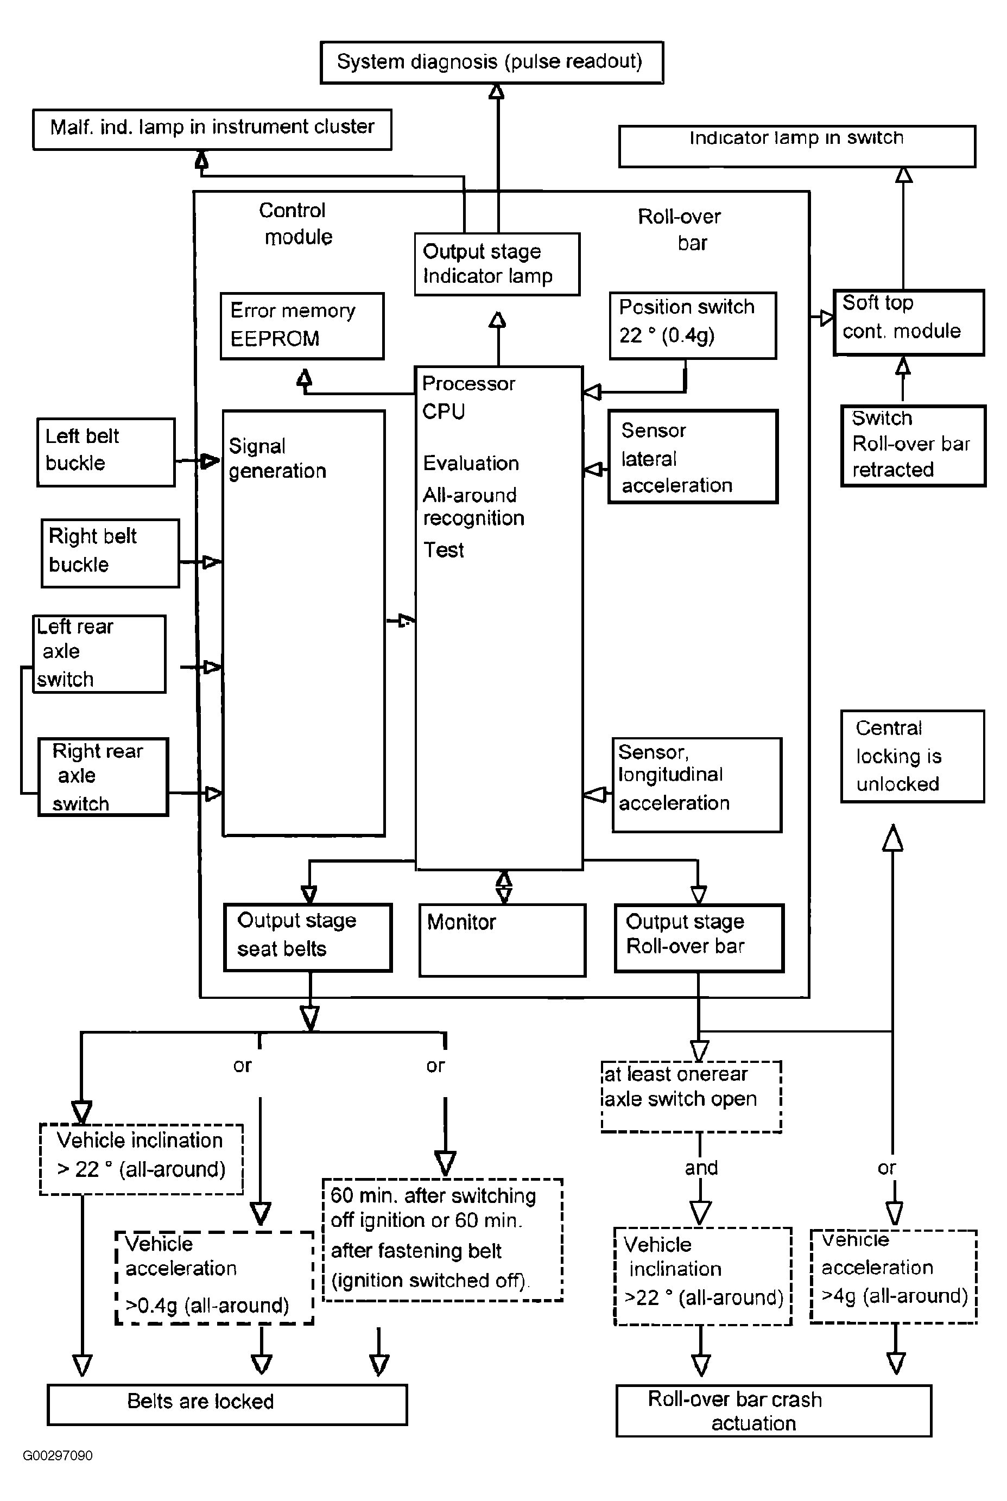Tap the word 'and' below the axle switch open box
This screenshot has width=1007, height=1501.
pos(701,1167)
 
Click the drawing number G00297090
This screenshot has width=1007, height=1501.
pos(57,1455)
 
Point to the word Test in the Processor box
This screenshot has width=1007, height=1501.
pos(443,550)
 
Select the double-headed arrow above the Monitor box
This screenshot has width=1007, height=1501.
pos(504,887)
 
